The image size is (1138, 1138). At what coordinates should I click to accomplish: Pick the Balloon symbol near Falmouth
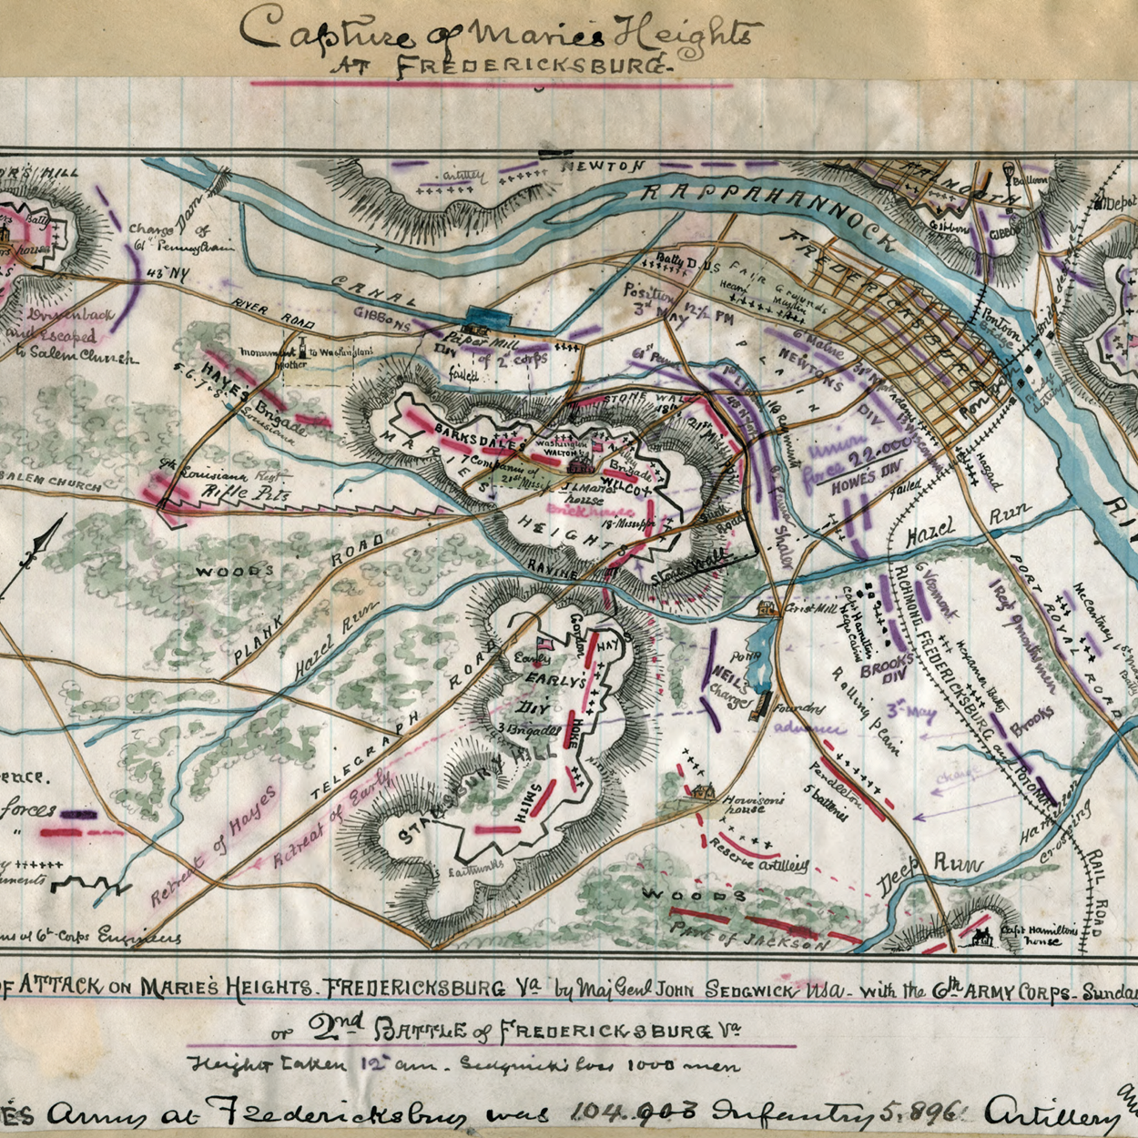[1010, 171]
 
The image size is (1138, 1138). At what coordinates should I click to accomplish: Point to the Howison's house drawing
[700, 792]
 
